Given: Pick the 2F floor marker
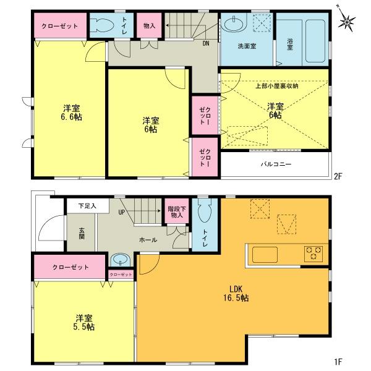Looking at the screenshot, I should (x=338, y=176).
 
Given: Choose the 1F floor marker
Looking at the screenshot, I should (x=338, y=360).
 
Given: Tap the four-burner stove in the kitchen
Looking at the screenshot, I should (x=314, y=254).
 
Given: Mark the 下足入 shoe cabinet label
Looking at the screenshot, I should (x=87, y=205).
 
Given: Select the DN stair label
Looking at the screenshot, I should (x=205, y=43).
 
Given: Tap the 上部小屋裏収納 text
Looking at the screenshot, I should (x=277, y=85).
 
